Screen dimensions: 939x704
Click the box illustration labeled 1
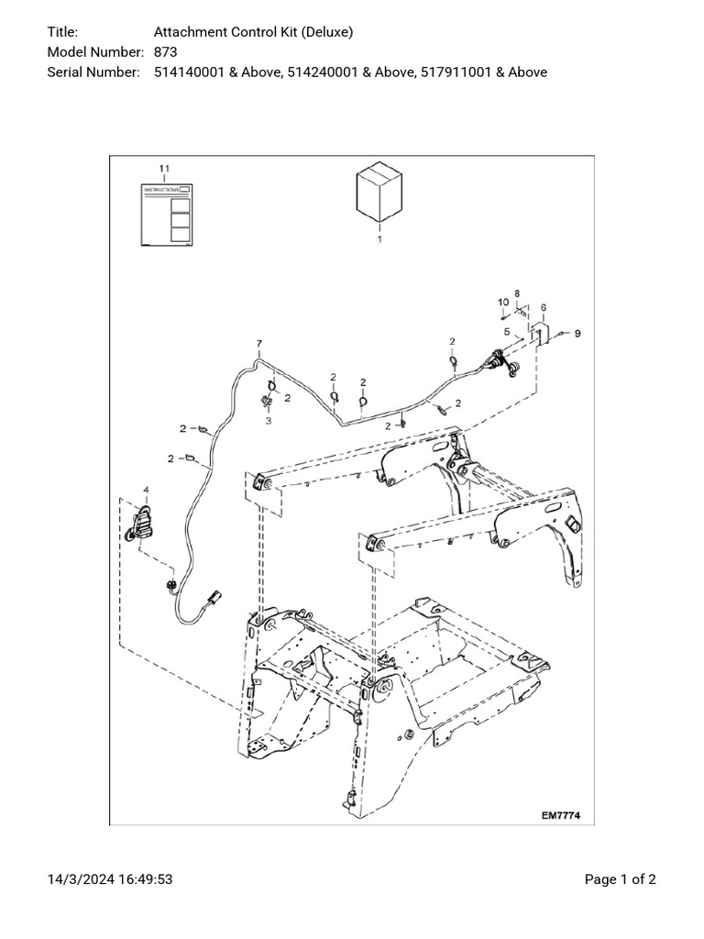(379, 193)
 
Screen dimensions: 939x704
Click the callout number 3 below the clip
(269, 420)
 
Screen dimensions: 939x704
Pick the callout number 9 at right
(577, 334)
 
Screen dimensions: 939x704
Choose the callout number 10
(503, 302)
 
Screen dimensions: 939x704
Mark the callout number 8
(517, 292)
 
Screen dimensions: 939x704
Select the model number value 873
(166, 51)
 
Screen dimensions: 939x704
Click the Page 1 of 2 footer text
(620, 879)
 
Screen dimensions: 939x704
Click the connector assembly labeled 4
(143, 525)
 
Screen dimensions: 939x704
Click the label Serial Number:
(93, 72)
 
